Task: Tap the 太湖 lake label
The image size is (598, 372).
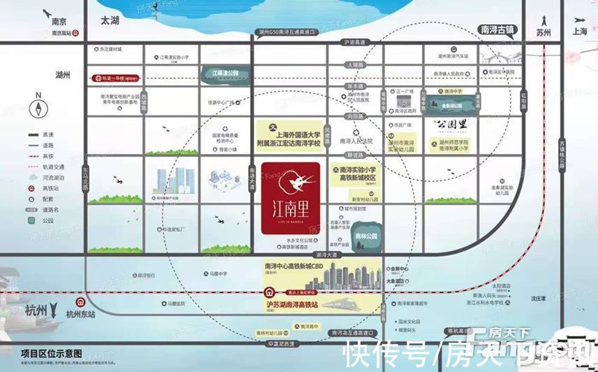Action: coord(110,22)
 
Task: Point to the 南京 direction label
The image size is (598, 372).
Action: coord(59,22)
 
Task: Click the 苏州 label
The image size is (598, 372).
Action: coord(544,33)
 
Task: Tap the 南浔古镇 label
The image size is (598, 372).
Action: coord(497,29)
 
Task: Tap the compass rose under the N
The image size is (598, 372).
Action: coord(38,109)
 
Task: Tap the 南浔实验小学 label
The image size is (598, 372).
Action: coord(357,170)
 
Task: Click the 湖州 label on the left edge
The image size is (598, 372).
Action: coord(61,74)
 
